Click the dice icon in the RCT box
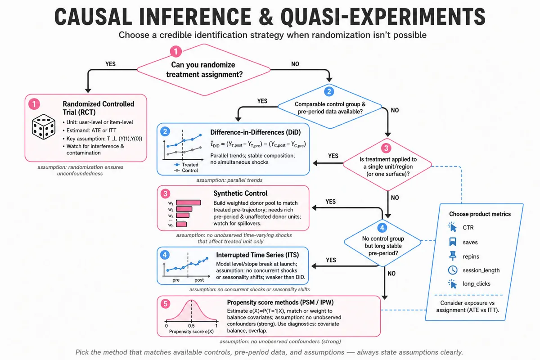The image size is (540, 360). tap(43, 126)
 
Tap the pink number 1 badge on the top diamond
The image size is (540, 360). tap(176, 51)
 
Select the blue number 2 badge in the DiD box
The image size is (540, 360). tap(165, 132)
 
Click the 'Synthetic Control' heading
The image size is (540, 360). tap(240, 193)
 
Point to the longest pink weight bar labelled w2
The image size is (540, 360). tap(189, 202)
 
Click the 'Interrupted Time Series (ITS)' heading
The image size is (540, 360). tap(257, 255)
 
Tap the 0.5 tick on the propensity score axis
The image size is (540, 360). tap(191, 325)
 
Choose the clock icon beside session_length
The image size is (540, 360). tap(453, 270)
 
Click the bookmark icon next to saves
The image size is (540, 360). tap(453, 242)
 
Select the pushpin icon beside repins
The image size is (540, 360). tap(453, 256)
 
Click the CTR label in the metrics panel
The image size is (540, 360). tap(468, 228)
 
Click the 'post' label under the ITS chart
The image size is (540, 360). tap(199, 280)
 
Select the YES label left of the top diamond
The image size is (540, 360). tap(110, 64)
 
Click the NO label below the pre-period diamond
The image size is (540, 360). tap(391, 274)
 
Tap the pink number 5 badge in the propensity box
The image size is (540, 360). tap(166, 304)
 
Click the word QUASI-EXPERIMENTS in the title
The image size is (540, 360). tap(383, 17)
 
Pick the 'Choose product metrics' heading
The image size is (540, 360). tap(480, 214)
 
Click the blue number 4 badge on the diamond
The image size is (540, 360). tap(382, 228)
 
